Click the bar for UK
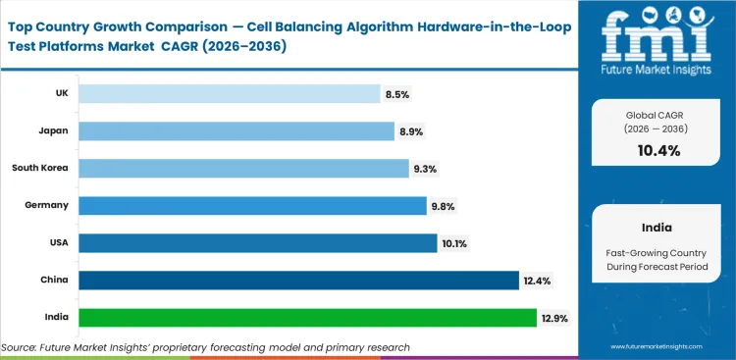(x=229, y=93)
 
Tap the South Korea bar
(x=243, y=168)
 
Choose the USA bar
(x=258, y=242)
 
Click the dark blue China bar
(x=298, y=281)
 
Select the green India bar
(x=307, y=318)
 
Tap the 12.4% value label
(x=538, y=281)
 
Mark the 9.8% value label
(x=443, y=206)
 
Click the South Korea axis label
(x=40, y=168)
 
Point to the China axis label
(x=55, y=281)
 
